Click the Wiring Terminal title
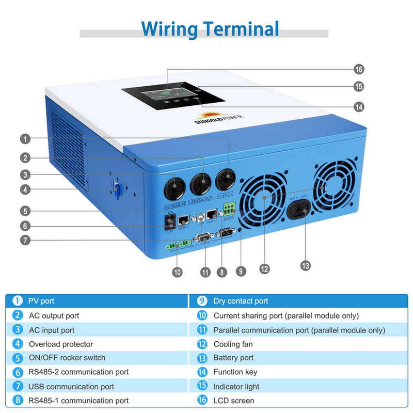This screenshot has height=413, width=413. pyautogui.click(x=210, y=28)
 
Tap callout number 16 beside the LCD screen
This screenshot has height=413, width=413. pyautogui.click(x=359, y=69)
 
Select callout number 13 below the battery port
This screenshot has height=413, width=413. pyautogui.click(x=306, y=265)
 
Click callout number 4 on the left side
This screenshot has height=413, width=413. pyautogui.click(x=25, y=189)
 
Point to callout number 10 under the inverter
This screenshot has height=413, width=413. pyautogui.click(x=178, y=272)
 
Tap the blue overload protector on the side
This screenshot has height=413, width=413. pyautogui.click(x=117, y=189)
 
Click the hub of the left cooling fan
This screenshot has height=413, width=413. pyautogui.click(x=264, y=197)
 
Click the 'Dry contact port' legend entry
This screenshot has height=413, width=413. pyautogui.click(x=241, y=301)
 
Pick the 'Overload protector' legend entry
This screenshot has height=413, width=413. pyautogui.click(x=61, y=344)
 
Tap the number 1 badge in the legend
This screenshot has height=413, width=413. pyautogui.click(x=18, y=301)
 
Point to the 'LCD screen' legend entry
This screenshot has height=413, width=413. pyautogui.click(x=234, y=400)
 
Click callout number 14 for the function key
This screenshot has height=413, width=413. pyautogui.click(x=359, y=107)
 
